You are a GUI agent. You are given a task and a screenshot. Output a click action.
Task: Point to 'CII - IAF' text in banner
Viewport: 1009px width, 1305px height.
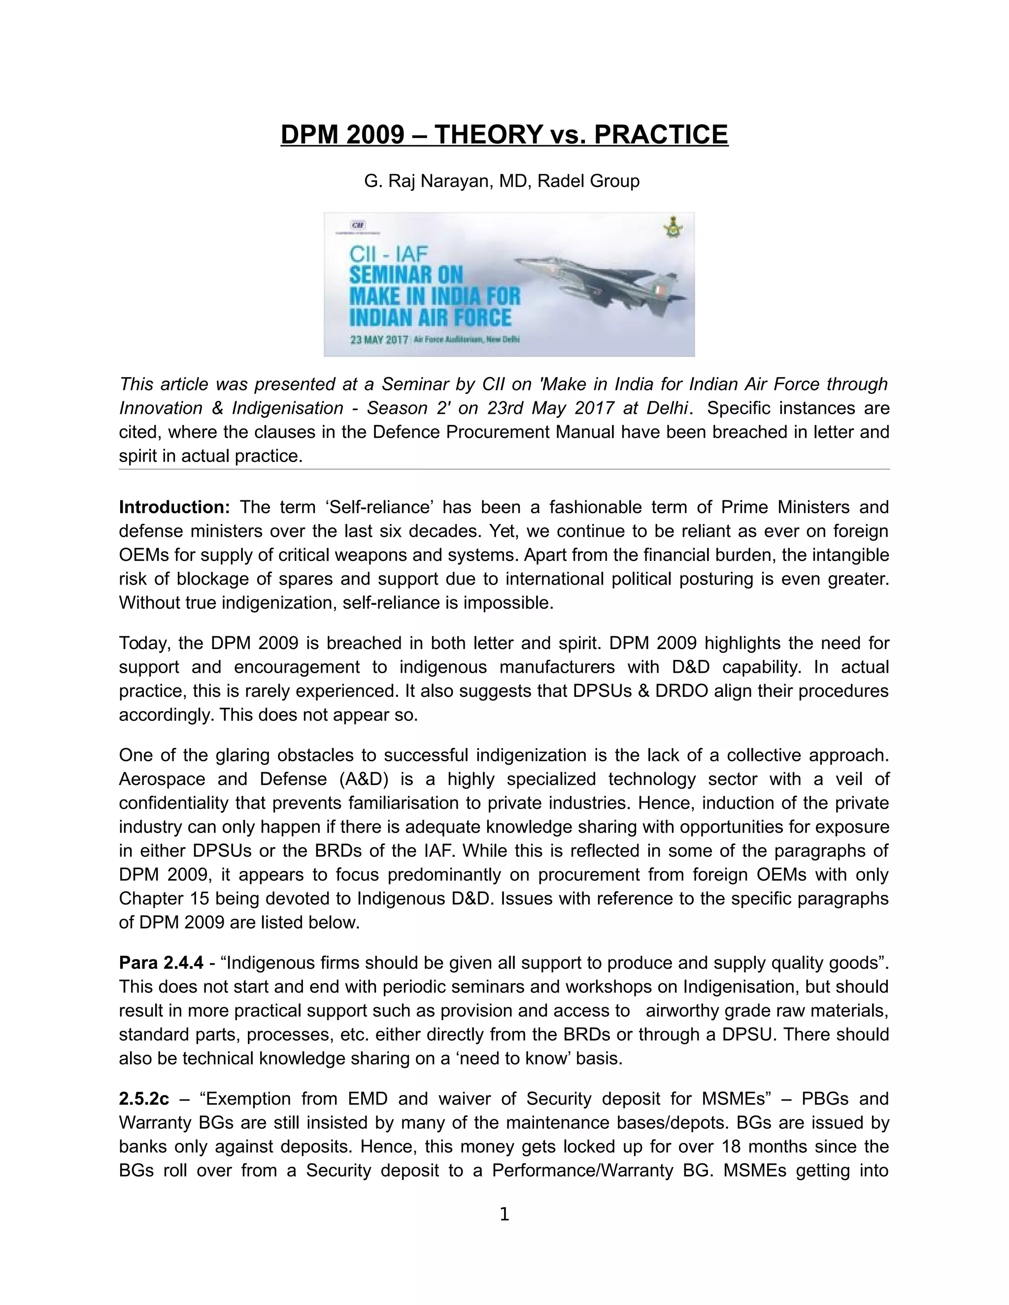tap(389, 254)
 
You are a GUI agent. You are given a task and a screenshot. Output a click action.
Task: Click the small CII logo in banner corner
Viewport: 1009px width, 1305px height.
tap(358, 225)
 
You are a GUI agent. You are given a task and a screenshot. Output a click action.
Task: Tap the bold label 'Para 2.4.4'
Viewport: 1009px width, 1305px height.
tap(161, 963)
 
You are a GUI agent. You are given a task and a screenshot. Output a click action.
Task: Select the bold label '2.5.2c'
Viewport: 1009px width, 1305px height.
tap(144, 1099)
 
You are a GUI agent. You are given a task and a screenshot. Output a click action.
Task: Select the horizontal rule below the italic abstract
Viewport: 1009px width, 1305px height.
tap(504, 470)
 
